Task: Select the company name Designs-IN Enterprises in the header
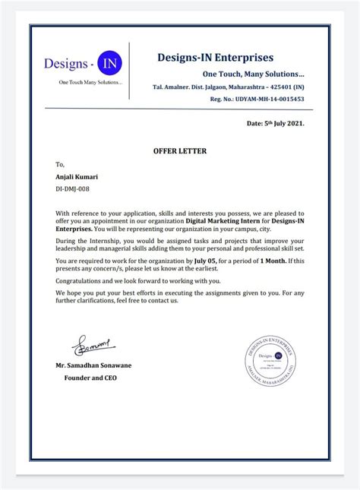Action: [215, 58]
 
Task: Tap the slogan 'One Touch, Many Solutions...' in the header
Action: [253, 74]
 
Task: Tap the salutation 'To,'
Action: [60, 164]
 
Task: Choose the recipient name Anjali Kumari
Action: [77, 177]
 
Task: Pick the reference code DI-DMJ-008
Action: [74, 188]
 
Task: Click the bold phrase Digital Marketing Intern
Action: [223, 221]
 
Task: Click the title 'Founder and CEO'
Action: [90, 377]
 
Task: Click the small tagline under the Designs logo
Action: [90, 82]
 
